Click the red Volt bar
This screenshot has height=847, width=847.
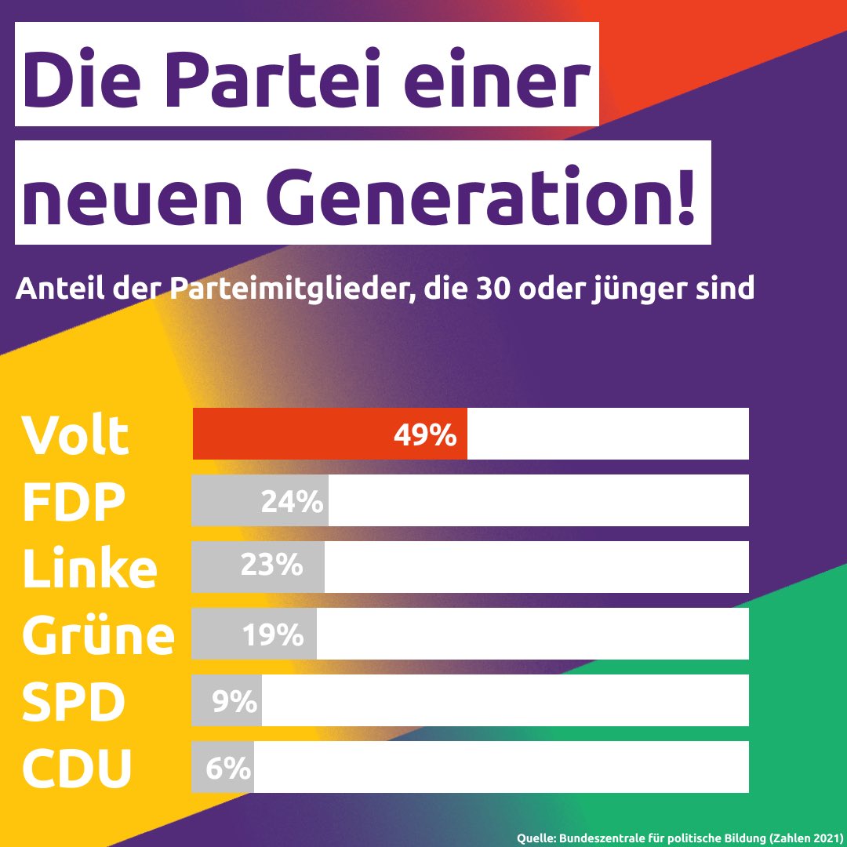click(329, 434)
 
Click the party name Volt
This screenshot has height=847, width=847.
click(75, 435)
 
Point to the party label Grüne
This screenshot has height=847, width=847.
click(98, 635)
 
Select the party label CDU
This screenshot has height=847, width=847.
click(77, 769)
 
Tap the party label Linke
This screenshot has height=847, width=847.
click(89, 569)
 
